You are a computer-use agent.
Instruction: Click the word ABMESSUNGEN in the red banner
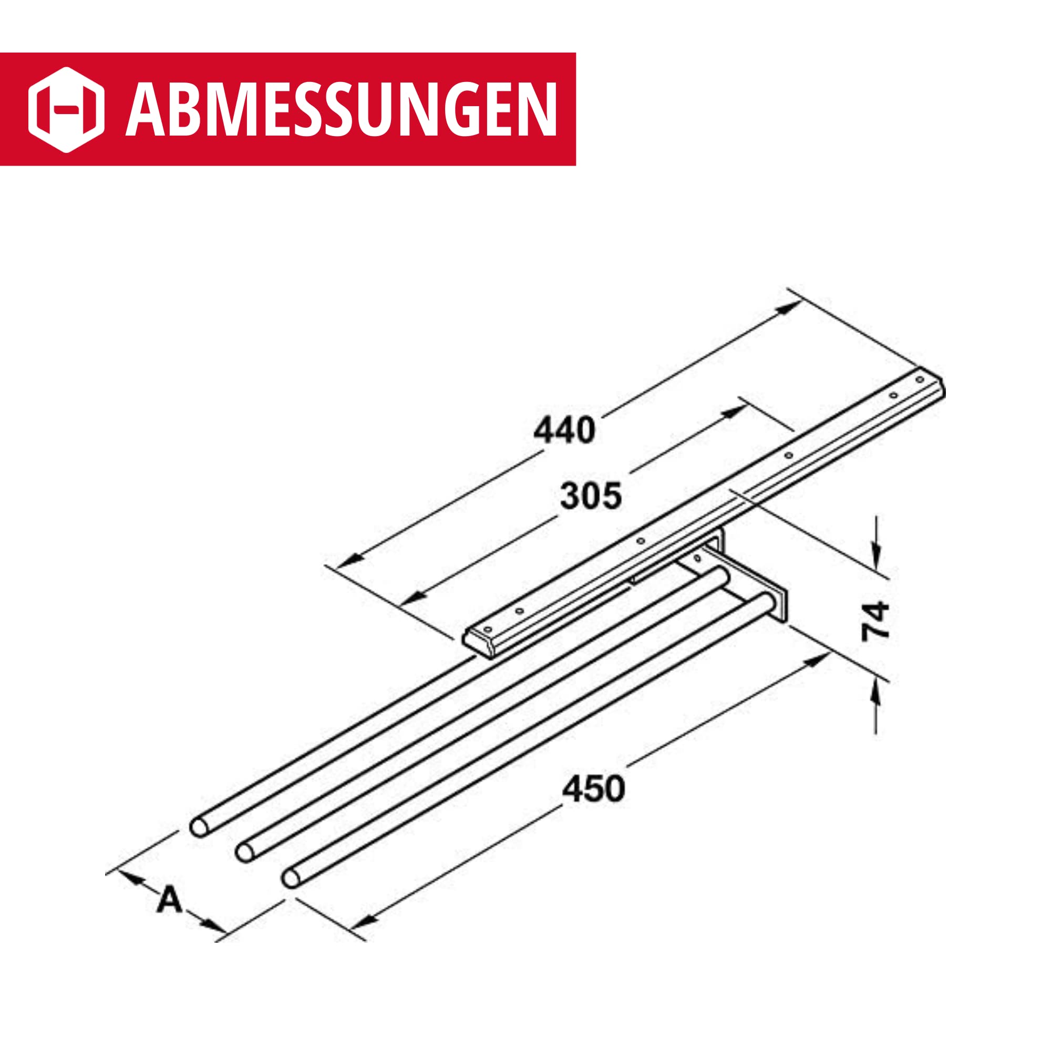pos(342,109)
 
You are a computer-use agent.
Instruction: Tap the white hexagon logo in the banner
pos(66,109)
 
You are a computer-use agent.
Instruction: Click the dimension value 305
pos(591,496)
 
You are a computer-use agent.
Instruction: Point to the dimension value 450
pos(593,789)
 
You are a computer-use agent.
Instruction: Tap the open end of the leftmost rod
pos(199,826)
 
